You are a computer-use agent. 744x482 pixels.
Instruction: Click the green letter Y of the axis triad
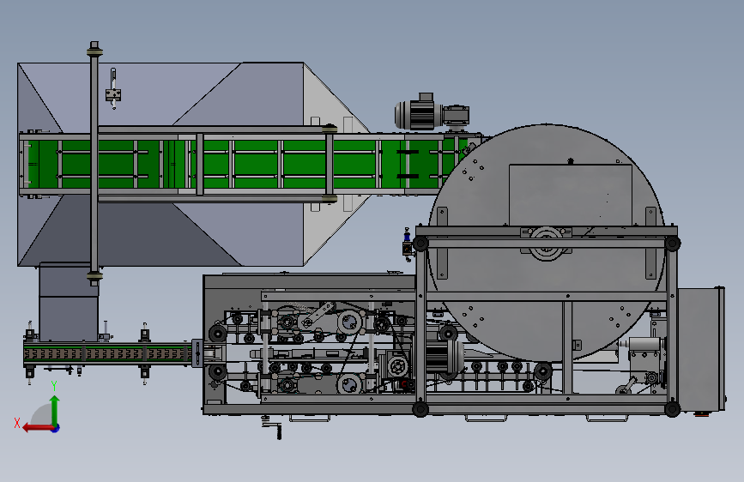point(54,386)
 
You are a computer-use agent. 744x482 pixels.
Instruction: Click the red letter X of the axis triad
point(17,423)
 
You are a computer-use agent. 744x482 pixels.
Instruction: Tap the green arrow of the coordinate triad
point(55,411)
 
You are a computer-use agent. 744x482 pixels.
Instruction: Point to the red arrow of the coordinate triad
point(38,428)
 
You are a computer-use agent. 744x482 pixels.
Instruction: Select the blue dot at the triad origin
point(56,428)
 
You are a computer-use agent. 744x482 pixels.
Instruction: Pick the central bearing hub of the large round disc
point(546,242)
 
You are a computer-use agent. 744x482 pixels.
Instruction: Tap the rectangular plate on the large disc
point(571,195)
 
